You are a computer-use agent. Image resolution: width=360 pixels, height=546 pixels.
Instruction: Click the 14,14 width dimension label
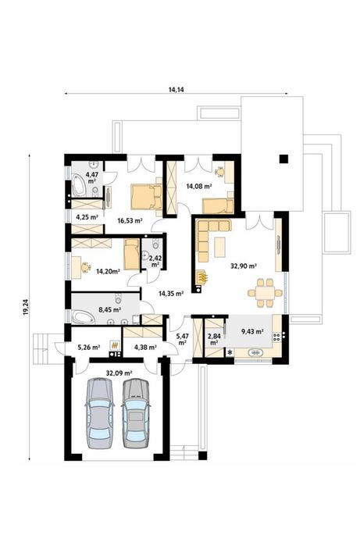point(176,90)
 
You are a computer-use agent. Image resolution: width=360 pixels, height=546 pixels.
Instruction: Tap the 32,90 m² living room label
point(244,266)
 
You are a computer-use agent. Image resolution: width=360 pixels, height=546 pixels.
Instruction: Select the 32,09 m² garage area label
point(119,373)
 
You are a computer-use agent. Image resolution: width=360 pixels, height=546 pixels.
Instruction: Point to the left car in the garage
point(100,413)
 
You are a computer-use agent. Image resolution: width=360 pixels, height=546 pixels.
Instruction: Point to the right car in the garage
point(136,413)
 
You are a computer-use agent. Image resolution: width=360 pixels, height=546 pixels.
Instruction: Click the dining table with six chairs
point(265,293)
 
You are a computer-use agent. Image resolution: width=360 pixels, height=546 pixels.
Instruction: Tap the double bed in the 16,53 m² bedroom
point(147,197)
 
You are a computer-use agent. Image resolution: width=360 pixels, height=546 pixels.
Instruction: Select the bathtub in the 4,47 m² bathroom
point(78,187)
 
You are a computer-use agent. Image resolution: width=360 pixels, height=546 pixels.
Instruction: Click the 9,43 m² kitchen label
point(252,331)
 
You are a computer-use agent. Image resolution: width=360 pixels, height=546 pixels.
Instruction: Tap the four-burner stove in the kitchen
point(276,337)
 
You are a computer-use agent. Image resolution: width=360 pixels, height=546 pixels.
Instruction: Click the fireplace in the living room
point(202,277)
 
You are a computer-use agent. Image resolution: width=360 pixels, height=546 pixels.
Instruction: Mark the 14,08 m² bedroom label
point(199,186)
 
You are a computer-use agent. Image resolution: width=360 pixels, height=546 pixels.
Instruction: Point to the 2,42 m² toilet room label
point(155,261)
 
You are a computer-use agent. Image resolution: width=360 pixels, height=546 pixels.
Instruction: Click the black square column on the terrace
point(283,159)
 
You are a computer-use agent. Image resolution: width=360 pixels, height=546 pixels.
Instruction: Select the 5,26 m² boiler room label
point(89,347)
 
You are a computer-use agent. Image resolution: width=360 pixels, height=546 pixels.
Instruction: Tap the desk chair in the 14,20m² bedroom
point(84,267)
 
